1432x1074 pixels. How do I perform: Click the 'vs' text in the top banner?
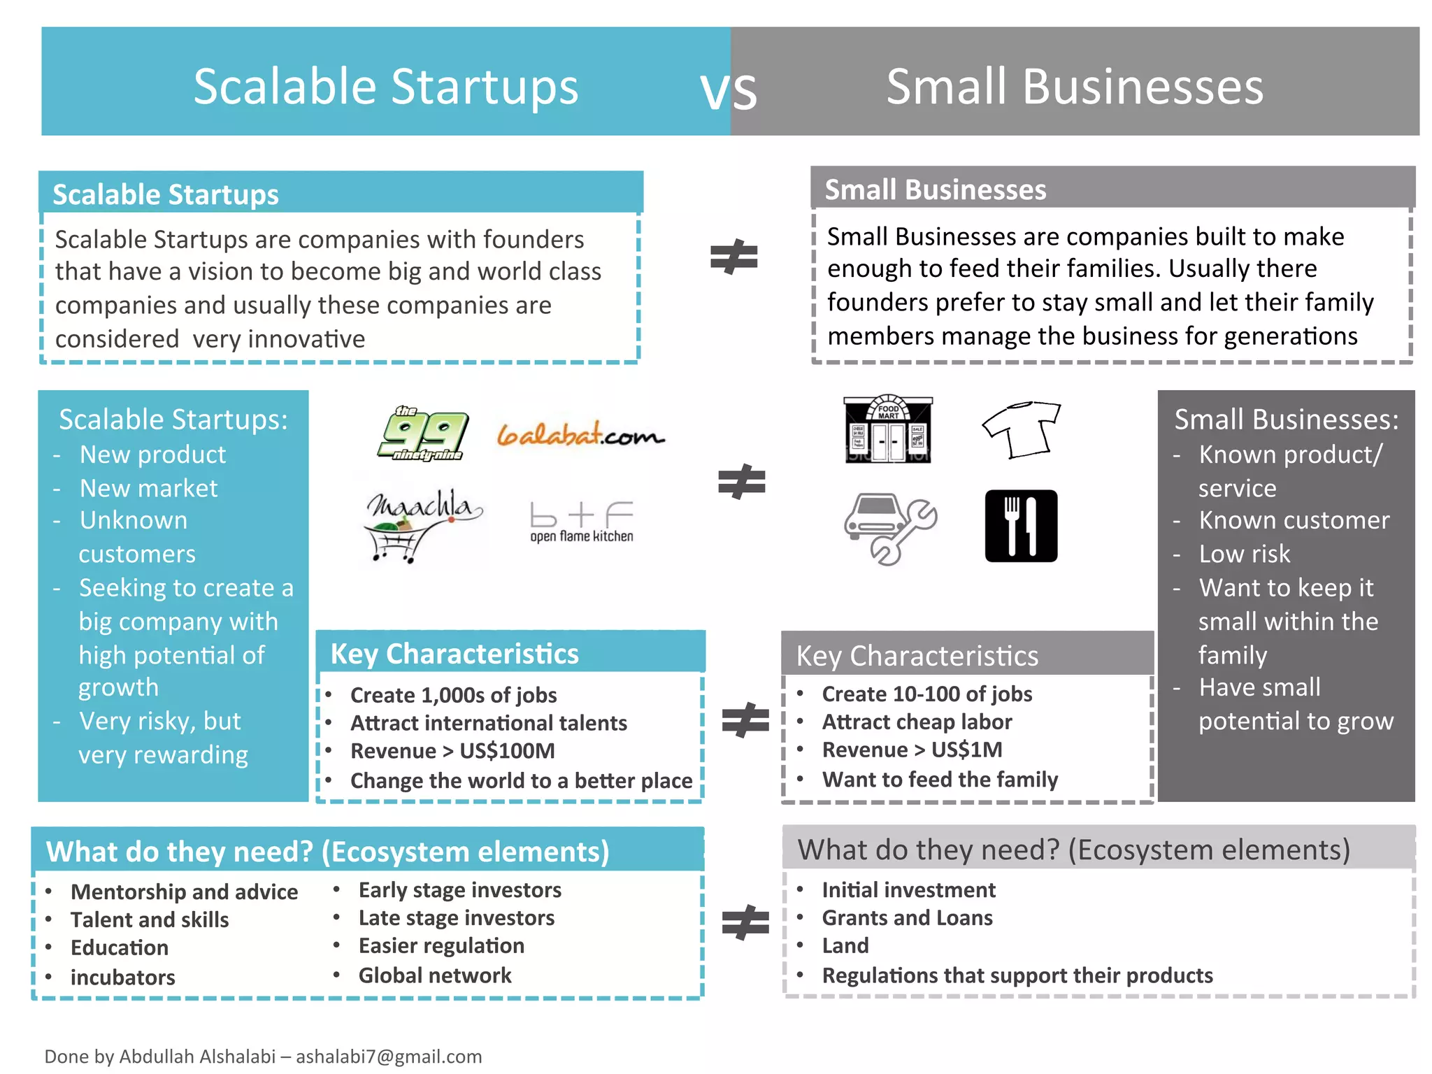[x=729, y=90]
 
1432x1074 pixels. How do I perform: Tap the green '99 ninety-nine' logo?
[x=422, y=434]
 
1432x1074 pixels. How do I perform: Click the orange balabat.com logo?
[x=580, y=434]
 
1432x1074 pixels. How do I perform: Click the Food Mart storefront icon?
[x=888, y=429]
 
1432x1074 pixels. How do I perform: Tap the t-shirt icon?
[x=1022, y=429]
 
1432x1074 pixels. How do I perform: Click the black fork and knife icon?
[x=1021, y=526]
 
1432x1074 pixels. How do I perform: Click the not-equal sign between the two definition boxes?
[x=733, y=257]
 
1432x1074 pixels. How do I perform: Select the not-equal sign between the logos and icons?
[x=741, y=482]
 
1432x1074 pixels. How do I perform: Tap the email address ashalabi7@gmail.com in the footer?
[x=389, y=1056]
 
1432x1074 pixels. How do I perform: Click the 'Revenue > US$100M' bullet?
[x=452, y=751]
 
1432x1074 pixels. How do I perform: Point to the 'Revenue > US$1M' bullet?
[x=912, y=750]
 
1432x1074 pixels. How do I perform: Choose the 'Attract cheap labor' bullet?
[x=917, y=722]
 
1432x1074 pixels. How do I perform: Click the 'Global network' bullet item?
[x=434, y=975]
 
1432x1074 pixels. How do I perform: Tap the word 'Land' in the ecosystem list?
[x=845, y=946]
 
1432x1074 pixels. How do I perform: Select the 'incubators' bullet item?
[x=122, y=977]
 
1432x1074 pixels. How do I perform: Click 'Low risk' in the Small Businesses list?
[x=1244, y=554]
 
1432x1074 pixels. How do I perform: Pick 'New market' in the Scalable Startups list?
[x=148, y=488]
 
